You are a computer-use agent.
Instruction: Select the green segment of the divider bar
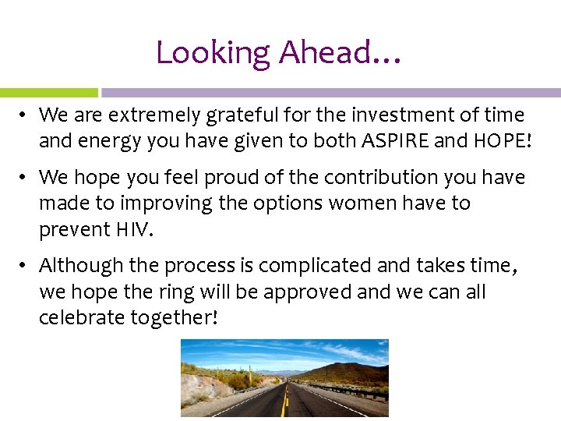point(48,92)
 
